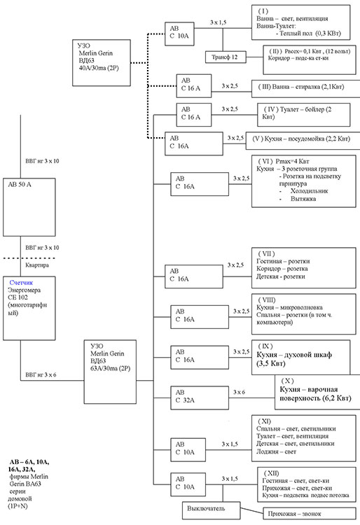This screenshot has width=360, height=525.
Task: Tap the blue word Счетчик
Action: [x=21, y=283]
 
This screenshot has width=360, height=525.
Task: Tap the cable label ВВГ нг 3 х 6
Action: [x=41, y=374]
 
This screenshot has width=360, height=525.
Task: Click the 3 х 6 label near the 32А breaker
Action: [x=239, y=392]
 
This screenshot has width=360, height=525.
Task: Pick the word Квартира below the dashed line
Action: [x=37, y=265]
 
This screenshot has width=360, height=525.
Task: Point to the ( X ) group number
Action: [x=287, y=381]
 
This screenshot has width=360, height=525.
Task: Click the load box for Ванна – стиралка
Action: [x=306, y=88]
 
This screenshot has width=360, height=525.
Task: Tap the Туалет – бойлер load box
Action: [x=304, y=115]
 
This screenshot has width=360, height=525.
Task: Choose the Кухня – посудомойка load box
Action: [x=303, y=140]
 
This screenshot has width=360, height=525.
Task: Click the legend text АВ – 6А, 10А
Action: [x=29, y=462]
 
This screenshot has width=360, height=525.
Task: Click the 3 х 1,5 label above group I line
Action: [x=218, y=22]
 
